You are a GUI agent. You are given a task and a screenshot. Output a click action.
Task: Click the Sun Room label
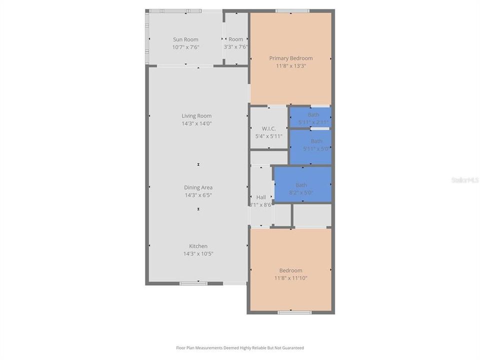coord(185,39)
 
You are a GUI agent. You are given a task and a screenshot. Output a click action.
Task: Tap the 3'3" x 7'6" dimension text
coord(235,47)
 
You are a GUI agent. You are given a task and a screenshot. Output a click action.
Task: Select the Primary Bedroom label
coord(290,58)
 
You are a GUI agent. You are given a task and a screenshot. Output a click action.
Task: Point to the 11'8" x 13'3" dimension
coord(290,65)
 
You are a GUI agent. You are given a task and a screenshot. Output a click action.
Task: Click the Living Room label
coord(196,115)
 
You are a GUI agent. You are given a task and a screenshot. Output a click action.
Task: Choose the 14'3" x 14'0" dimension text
coord(196,123)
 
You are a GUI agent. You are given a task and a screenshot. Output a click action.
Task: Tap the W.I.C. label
coord(268,128)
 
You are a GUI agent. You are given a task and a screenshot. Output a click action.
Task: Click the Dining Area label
coord(198,187)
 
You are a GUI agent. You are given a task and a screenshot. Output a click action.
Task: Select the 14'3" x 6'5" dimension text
coord(198,195)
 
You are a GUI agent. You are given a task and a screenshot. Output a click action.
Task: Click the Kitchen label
coord(198,246)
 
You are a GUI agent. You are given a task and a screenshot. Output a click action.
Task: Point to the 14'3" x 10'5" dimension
coord(198,253)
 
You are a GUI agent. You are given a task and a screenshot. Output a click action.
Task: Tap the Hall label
coord(261,197)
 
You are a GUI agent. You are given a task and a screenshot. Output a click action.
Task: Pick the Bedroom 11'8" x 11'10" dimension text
coord(290,278)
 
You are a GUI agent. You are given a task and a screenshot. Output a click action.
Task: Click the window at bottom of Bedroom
coord(294,312)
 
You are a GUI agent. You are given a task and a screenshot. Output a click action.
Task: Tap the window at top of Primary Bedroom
coord(292,10)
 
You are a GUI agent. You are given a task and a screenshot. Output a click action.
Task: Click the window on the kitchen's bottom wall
coord(193,283)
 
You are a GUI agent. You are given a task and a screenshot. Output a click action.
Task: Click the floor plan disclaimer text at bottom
coord(239,347)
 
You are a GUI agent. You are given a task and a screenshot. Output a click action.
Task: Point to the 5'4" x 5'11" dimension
coord(268,136)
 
